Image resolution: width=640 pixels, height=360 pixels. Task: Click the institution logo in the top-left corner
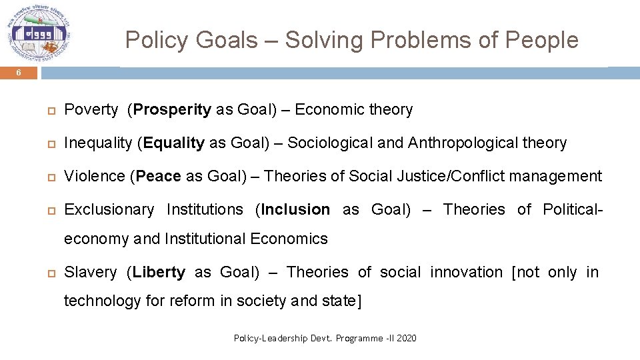pos(39,33)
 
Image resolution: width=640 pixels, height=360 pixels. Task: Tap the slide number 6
pos(19,73)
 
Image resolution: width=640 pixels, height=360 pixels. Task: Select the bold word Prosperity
pos(172,110)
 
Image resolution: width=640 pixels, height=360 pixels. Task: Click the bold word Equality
pos(173,143)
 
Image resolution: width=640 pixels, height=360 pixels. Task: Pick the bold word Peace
pos(158,177)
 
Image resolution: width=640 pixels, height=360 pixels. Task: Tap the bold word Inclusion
pos(295,210)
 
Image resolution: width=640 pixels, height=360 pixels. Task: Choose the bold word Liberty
pos(159,273)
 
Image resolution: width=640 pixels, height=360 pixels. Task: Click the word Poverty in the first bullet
pos(91,110)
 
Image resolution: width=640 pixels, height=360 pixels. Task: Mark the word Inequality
pos(98,143)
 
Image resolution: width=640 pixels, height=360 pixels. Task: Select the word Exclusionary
pos(109,210)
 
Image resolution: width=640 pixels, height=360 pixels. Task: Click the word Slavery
pos(90,273)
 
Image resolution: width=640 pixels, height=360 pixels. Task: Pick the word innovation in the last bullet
pos(466,273)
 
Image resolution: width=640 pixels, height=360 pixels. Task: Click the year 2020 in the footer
pos(406,339)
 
